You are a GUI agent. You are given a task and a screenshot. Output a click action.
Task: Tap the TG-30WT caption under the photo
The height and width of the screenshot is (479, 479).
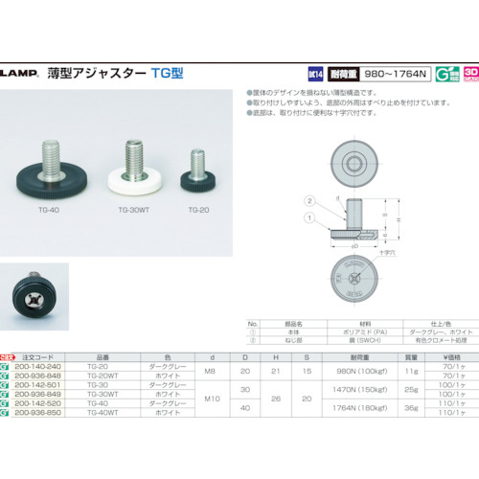[135, 207]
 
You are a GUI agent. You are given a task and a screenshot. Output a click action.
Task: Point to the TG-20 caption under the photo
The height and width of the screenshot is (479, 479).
[198, 207]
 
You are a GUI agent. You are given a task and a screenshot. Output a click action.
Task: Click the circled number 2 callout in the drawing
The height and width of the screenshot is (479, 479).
[308, 200]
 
